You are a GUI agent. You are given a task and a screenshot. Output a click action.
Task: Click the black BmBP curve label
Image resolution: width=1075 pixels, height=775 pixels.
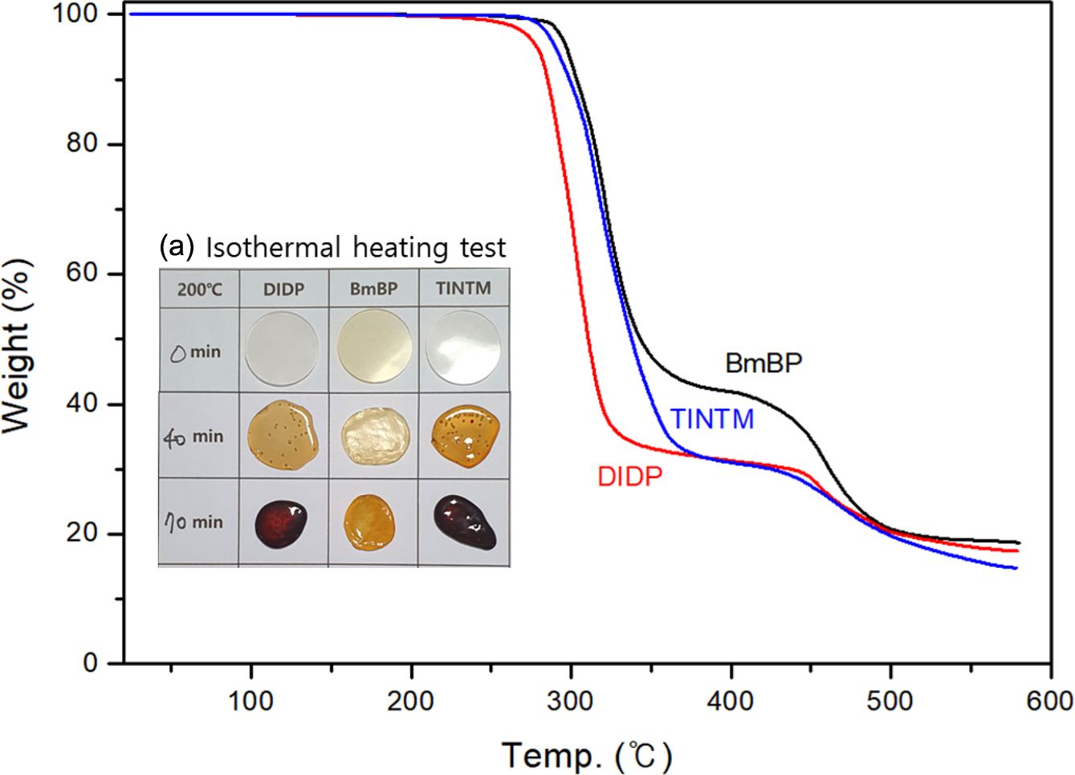click(763, 363)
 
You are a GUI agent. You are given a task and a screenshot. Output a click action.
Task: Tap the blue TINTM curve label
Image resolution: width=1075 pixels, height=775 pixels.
click(712, 419)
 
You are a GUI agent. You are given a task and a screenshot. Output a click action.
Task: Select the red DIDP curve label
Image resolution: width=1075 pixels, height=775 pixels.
click(630, 477)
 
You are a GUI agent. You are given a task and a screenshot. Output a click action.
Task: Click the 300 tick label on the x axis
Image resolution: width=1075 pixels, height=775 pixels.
click(571, 700)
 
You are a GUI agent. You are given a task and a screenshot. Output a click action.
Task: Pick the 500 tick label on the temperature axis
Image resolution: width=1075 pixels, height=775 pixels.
click(890, 700)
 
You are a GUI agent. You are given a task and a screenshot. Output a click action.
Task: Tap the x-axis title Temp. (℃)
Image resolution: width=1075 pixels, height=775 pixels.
click(587, 755)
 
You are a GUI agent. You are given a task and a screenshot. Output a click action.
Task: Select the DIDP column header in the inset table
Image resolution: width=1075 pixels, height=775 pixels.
click(283, 288)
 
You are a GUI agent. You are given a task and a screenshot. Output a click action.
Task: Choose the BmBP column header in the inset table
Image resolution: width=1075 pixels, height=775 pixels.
click(373, 288)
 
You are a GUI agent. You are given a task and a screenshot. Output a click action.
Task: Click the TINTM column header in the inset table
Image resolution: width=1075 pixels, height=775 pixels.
click(464, 287)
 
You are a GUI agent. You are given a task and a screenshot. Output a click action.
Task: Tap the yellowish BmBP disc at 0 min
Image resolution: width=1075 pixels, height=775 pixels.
click(373, 351)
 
